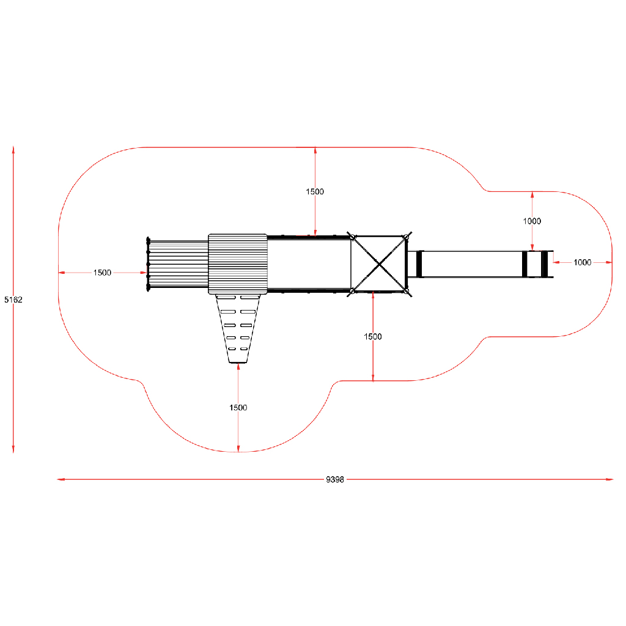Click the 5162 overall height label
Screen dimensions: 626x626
coord(13,300)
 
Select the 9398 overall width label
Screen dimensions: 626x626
coord(334,479)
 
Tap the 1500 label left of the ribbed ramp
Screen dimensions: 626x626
coord(102,273)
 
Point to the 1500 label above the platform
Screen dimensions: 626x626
coord(315,191)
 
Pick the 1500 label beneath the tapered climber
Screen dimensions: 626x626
coord(238,408)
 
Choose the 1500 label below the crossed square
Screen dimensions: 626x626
coord(373,337)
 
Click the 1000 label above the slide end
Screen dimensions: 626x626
coord(532,221)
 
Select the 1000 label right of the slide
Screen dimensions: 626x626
coord(583,262)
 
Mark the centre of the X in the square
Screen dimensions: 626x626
coord(379,264)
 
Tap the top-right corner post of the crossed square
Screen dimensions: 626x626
coord(406,237)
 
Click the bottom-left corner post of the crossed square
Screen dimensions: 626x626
coord(352,292)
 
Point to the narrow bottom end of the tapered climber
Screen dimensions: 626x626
coord(238,363)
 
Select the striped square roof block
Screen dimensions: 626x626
coord(238,264)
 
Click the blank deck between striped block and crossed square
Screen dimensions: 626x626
coord(309,264)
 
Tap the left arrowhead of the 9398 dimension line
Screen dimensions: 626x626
coord(61,479)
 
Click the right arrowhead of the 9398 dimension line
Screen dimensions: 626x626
coord(609,479)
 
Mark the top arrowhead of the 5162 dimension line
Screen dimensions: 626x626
coord(13,150)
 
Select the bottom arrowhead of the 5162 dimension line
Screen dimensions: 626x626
coord(13,449)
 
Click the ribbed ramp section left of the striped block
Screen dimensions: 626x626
coord(178,264)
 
